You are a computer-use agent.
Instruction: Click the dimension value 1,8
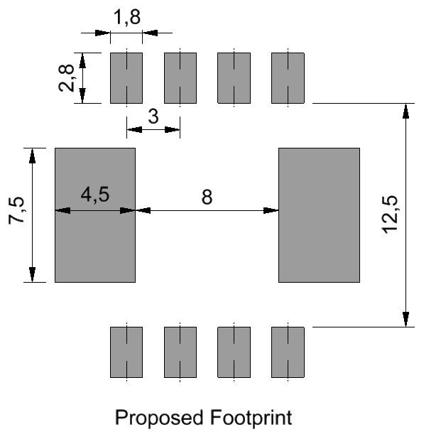127,17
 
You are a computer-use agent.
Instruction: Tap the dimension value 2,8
67,78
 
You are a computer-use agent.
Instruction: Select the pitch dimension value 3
153,116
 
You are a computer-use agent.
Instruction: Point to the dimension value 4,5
95,195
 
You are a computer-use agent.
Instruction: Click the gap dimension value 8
207,197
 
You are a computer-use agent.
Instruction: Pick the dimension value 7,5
16,210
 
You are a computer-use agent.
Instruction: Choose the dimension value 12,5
390,215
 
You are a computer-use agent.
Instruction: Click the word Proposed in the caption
159,418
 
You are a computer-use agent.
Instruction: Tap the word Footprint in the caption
251,418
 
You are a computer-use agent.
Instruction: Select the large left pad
95,215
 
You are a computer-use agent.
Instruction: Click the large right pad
320,215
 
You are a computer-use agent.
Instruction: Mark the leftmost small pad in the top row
126,78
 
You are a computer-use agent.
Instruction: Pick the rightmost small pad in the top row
288,78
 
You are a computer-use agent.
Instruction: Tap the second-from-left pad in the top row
180,78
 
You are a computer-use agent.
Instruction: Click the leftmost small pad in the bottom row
126,352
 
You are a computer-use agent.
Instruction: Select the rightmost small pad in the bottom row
288,352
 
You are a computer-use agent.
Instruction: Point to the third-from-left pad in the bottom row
234,352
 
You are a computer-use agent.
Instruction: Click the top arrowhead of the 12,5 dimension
405,111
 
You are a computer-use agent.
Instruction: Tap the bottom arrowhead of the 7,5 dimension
33,274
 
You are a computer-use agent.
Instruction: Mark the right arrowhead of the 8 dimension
271,210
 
